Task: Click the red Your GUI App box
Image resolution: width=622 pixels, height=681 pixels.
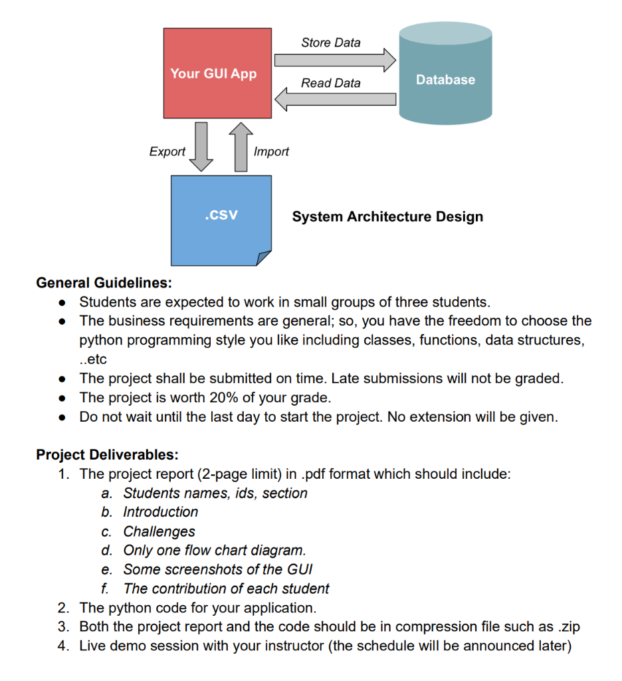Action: point(217,73)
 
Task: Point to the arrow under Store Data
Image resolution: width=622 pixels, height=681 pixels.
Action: point(334,61)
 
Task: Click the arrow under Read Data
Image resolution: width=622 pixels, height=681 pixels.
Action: point(334,99)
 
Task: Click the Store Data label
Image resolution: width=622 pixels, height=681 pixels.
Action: point(330,43)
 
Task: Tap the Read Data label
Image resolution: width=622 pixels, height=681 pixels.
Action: point(330,83)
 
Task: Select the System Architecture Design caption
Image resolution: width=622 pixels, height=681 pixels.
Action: point(387,217)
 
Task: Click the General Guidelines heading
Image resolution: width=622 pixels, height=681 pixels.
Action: point(104,283)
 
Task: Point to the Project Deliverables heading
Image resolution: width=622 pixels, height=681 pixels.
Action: point(107,455)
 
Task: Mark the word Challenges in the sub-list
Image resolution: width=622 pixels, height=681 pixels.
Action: point(159,531)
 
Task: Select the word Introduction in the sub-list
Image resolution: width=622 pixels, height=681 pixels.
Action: point(160,512)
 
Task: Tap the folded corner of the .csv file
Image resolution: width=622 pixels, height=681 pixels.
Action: point(263,257)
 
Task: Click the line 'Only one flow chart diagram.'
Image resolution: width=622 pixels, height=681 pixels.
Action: point(215,551)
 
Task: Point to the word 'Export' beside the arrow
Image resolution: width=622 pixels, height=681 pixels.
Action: point(167,152)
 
